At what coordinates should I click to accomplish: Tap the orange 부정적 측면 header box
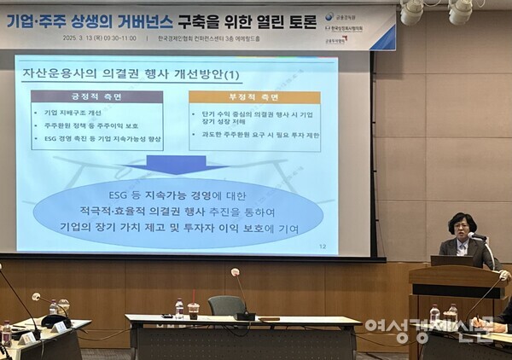(x=254, y=96)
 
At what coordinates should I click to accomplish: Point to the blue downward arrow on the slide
(x=176, y=164)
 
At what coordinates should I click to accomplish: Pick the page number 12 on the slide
(x=322, y=247)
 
